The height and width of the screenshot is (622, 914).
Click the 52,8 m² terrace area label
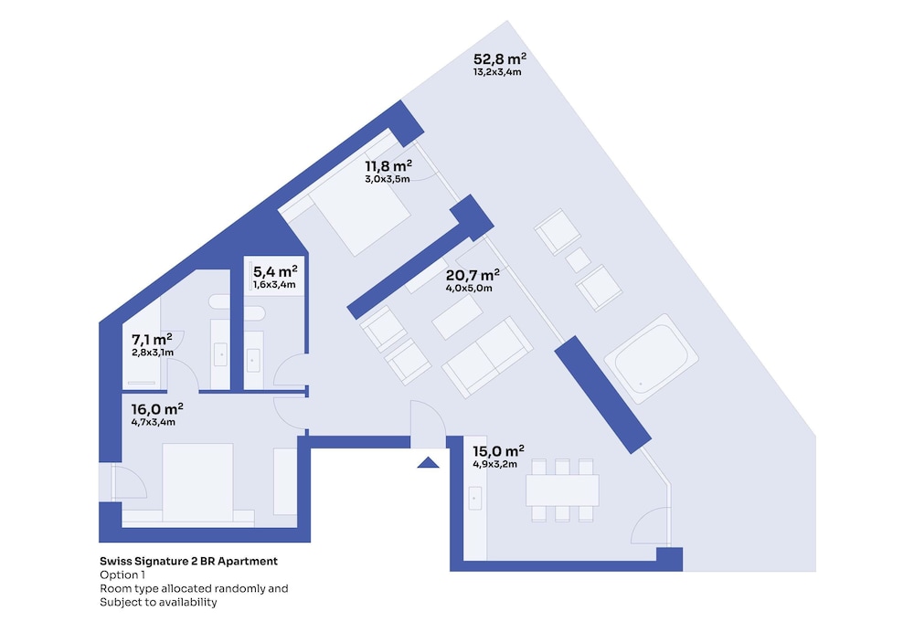coord(500,58)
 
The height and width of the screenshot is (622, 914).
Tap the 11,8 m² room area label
coord(388,166)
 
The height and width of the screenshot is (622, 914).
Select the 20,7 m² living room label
coord(473,275)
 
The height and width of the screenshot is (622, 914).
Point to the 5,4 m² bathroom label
coord(275,271)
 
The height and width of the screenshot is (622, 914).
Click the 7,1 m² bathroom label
coord(152,339)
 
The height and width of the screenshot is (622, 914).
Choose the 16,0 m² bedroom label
coord(157,409)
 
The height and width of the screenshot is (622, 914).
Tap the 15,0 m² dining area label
coord(498,451)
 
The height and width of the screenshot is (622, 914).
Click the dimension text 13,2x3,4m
coord(497,72)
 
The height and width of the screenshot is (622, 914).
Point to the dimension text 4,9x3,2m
coord(494,464)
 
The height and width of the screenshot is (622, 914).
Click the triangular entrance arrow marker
coord(429,463)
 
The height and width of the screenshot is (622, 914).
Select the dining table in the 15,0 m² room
coord(562,490)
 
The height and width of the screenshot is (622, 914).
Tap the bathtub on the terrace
coord(651,359)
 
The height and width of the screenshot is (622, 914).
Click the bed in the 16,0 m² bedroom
coord(197,482)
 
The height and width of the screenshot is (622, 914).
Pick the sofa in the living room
coord(487,357)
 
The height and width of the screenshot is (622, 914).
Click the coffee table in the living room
coord(457,317)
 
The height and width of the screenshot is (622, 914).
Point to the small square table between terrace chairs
coord(579,259)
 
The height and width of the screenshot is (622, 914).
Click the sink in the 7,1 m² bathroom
coord(220,354)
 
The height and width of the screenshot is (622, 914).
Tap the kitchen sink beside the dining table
coord(475,498)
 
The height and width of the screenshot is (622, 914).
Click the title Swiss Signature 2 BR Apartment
coord(189,561)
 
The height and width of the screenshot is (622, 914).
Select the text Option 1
coord(122,575)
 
